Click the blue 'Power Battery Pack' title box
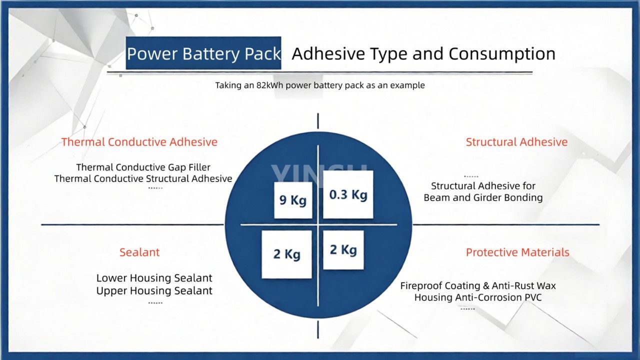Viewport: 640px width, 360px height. pos(203,53)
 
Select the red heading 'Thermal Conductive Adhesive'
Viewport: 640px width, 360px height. pos(139,142)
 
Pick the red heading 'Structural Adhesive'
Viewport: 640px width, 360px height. pos(516,142)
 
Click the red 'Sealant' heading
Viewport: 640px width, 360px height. pos(139,252)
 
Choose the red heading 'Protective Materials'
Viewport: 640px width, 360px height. pos(517,252)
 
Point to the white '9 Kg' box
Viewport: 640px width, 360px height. pos(293,200)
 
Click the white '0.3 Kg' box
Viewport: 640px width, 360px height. pos(348,194)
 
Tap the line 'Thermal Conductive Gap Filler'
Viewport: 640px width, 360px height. pos(143,167)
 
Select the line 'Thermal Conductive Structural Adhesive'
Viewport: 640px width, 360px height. pos(143,178)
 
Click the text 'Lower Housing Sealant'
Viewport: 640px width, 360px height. pos(154,278)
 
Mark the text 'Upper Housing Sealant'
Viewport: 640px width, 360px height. pos(154,291)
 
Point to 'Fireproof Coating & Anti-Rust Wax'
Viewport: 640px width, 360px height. pos(478,286)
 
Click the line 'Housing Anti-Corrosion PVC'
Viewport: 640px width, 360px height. pos(478,297)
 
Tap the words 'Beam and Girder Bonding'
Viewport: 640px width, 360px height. pos(483,197)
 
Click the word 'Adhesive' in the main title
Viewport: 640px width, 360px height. pos(327,53)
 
